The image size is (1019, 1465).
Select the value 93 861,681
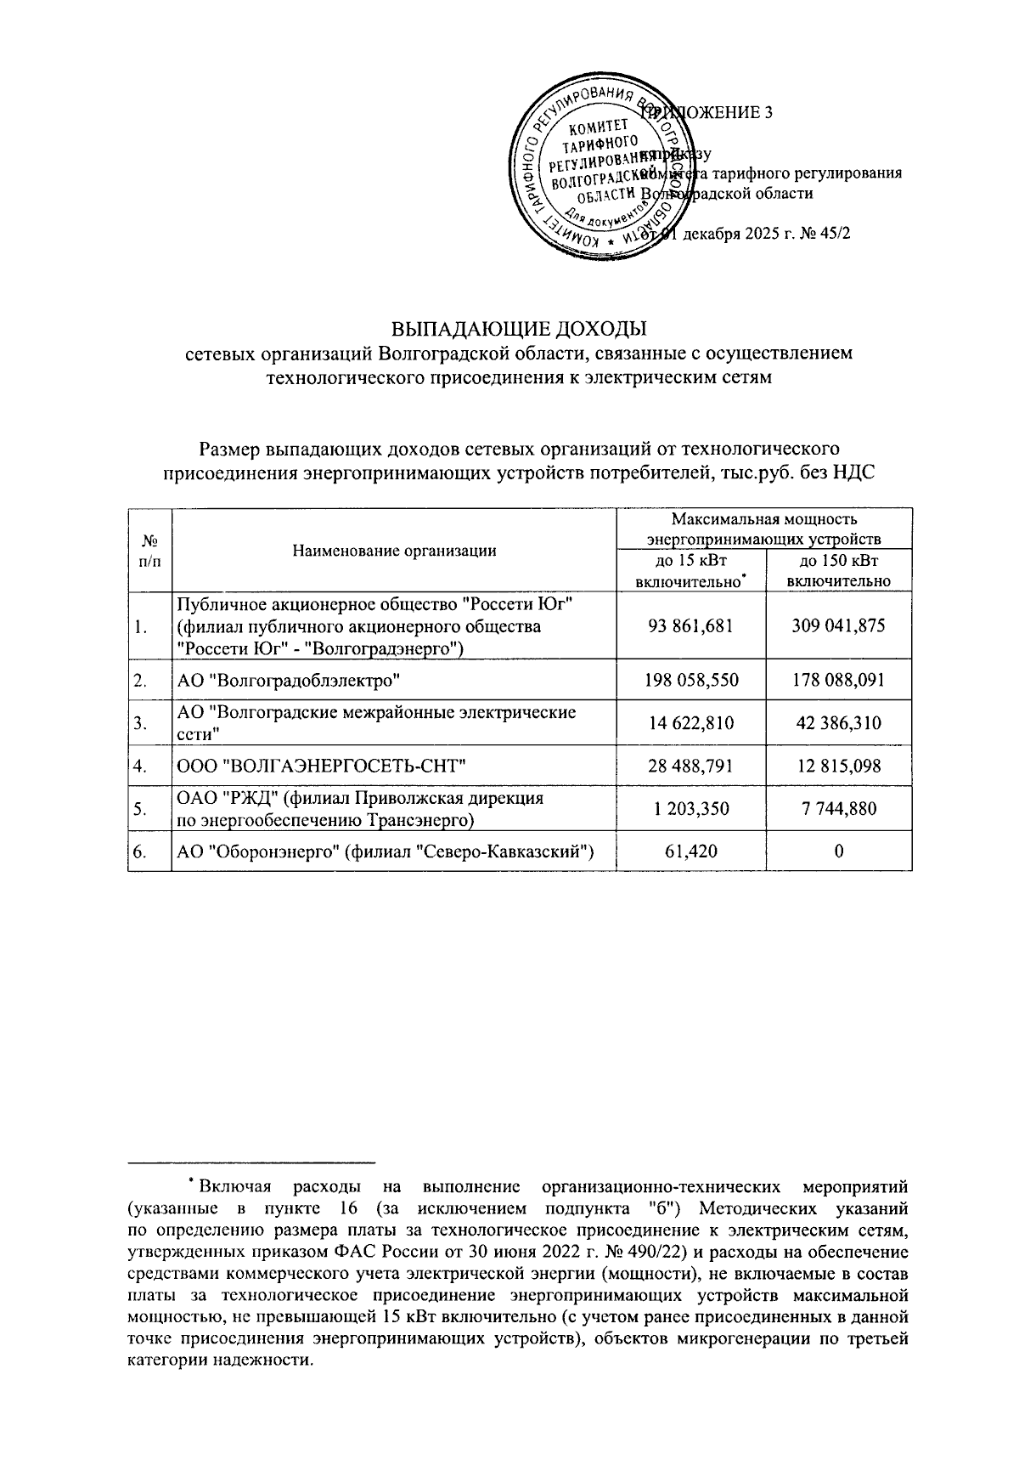pyautogui.click(x=690, y=626)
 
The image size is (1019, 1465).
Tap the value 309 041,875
pyautogui.click(x=838, y=626)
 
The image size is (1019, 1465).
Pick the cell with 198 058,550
pyautogui.click(x=690, y=680)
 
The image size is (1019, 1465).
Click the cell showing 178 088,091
pyautogui.click(x=838, y=680)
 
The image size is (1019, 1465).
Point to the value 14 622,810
pyautogui.click(x=690, y=723)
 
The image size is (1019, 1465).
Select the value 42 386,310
pyautogui.click(x=838, y=723)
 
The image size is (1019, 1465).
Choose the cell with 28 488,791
pyautogui.click(x=690, y=766)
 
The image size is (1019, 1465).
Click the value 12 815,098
pyautogui.click(x=838, y=766)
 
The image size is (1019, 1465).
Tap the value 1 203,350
pyautogui.click(x=690, y=809)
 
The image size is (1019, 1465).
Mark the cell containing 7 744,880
pyautogui.click(x=838, y=809)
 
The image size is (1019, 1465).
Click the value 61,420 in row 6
pyautogui.click(x=690, y=852)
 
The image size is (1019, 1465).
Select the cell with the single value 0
pyautogui.click(x=838, y=852)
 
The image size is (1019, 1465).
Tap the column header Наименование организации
pyautogui.click(x=394, y=551)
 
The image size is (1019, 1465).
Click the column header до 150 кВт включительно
pyautogui.click(x=838, y=571)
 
